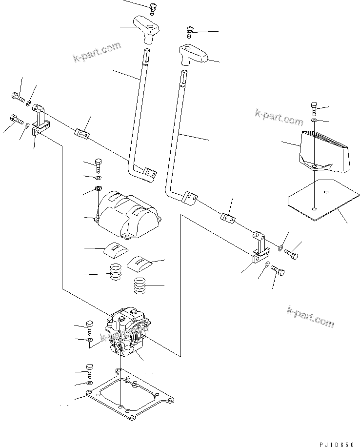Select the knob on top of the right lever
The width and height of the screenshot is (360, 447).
point(193,53)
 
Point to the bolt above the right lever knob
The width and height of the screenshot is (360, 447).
point(190,33)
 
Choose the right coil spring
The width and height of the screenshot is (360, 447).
point(140,285)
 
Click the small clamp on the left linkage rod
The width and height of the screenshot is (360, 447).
point(81,133)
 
